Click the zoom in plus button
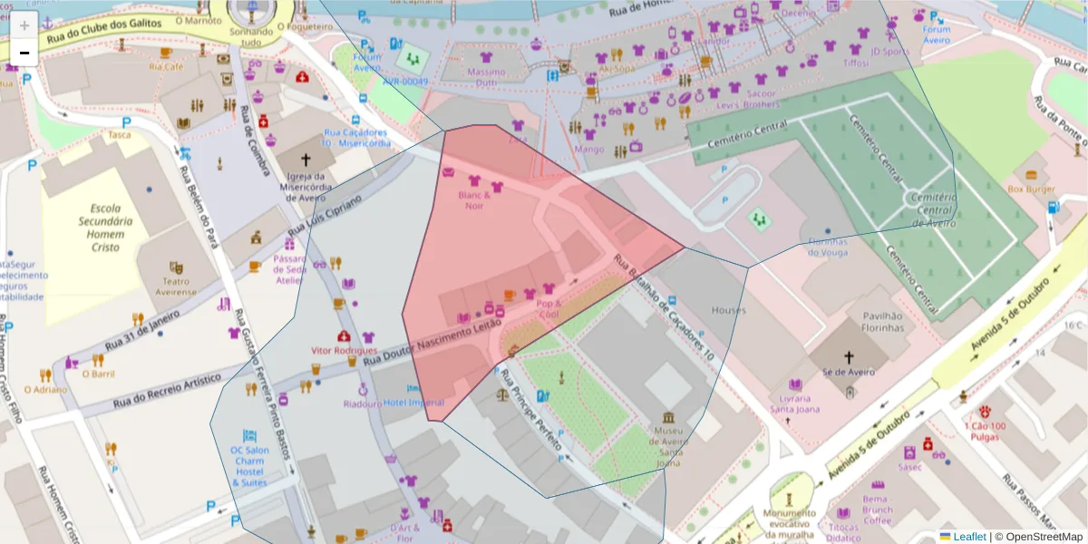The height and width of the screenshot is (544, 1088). (24, 24)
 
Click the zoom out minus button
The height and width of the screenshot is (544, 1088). (24, 53)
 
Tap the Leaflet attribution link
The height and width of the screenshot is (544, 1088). (968, 537)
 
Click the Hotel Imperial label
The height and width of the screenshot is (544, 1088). (413, 403)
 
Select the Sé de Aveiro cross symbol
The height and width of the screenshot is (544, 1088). (849, 357)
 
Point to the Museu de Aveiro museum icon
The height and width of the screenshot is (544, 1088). (669, 418)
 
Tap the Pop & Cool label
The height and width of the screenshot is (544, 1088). (549, 308)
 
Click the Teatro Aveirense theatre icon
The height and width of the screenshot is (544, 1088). (176, 267)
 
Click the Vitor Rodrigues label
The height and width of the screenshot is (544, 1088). (344, 350)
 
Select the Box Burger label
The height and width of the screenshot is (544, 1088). (1031, 189)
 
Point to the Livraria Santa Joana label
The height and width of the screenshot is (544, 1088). (795, 403)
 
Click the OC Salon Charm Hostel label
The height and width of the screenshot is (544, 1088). (249, 466)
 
